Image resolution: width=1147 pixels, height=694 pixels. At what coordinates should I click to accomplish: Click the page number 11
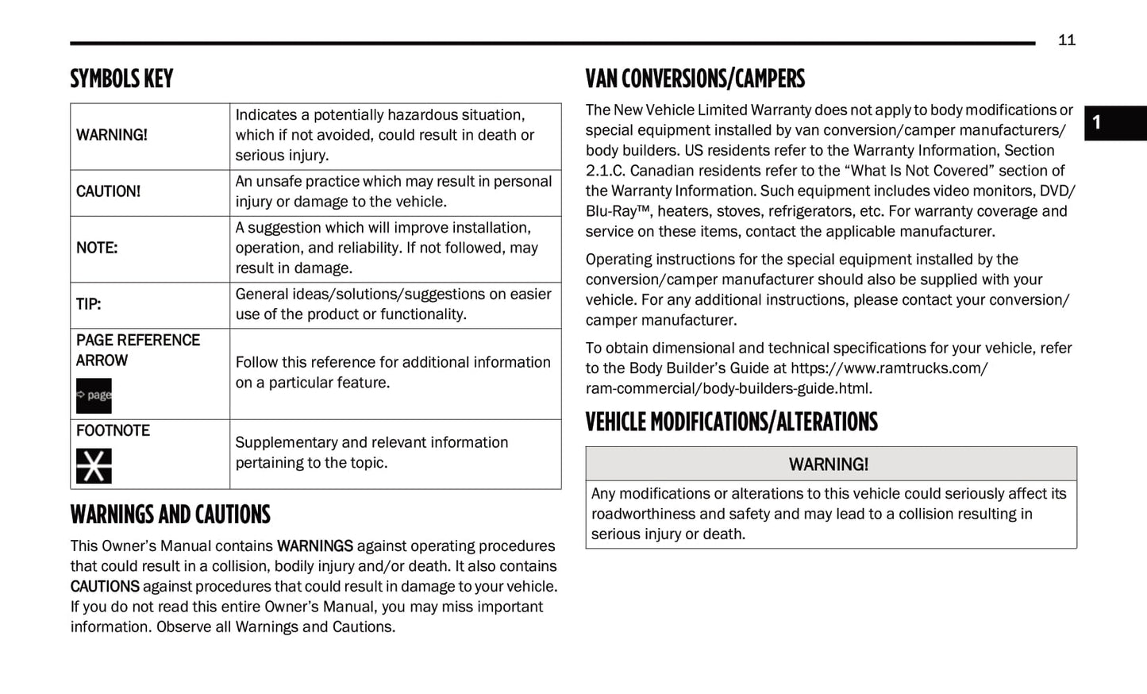1066,40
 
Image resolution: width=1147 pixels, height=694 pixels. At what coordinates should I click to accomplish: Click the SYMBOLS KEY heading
121,79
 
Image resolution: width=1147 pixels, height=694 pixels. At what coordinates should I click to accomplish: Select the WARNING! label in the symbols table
112,135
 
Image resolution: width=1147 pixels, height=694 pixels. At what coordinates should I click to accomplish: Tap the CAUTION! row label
108,191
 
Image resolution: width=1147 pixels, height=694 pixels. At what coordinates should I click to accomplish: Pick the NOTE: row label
97,248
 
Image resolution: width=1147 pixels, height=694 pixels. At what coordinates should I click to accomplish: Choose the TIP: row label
88,304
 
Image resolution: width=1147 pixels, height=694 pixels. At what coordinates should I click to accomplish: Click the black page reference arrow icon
94,395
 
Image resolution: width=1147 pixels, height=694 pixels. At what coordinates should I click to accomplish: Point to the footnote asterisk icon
94,466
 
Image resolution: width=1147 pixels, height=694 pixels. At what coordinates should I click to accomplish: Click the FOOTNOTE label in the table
113,430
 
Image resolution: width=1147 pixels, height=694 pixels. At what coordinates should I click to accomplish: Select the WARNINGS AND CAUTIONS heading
170,515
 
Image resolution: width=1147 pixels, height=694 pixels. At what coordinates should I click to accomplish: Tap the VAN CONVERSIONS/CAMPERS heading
695,79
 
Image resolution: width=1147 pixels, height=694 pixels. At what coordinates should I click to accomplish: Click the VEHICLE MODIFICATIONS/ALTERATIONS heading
731,422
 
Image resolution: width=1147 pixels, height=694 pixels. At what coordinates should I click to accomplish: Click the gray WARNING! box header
830,464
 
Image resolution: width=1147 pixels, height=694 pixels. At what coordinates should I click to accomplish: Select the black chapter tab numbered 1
1114,123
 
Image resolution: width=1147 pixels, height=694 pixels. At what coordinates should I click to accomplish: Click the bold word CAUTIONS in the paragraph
105,587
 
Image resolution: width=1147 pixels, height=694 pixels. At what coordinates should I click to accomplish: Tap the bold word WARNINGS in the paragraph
314,546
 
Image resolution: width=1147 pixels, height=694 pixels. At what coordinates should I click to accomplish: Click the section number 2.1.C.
605,171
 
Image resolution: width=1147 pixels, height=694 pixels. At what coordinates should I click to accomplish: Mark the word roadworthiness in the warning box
642,514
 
